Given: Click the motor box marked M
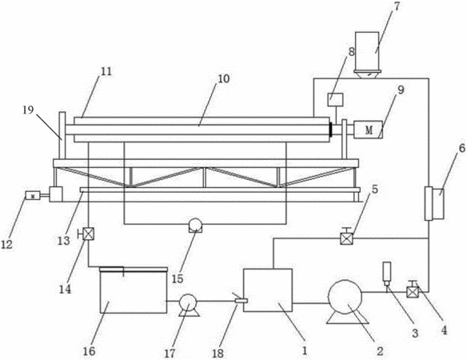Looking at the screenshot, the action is (x=368, y=130).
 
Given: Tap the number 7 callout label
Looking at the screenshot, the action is (x=399, y=6).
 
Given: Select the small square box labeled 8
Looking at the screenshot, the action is (x=335, y=99).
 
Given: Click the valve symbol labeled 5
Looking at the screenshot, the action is (x=346, y=238).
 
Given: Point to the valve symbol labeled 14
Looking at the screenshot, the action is (x=88, y=234).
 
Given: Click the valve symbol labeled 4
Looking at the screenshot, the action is (x=413, y=291).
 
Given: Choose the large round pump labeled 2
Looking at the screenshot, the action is (x=345, y=297).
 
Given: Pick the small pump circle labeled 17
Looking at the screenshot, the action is (x=189, y=302).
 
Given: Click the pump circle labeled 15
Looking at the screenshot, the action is (x=196, y=225).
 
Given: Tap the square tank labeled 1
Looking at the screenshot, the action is (x=268, y=290).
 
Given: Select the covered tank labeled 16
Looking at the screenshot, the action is (x=134, y=290).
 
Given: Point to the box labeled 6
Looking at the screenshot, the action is (x=434, y=204).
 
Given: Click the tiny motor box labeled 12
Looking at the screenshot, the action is (x=33, y=195).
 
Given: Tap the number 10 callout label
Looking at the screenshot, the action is (x=223, y=78).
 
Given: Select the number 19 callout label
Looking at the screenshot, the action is (x=30, y=110).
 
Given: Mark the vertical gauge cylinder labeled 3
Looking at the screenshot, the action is (x=387, y=272).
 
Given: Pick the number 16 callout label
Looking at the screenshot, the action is (x=89, y=351).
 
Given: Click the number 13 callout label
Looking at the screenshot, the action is (x=63, y=240).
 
